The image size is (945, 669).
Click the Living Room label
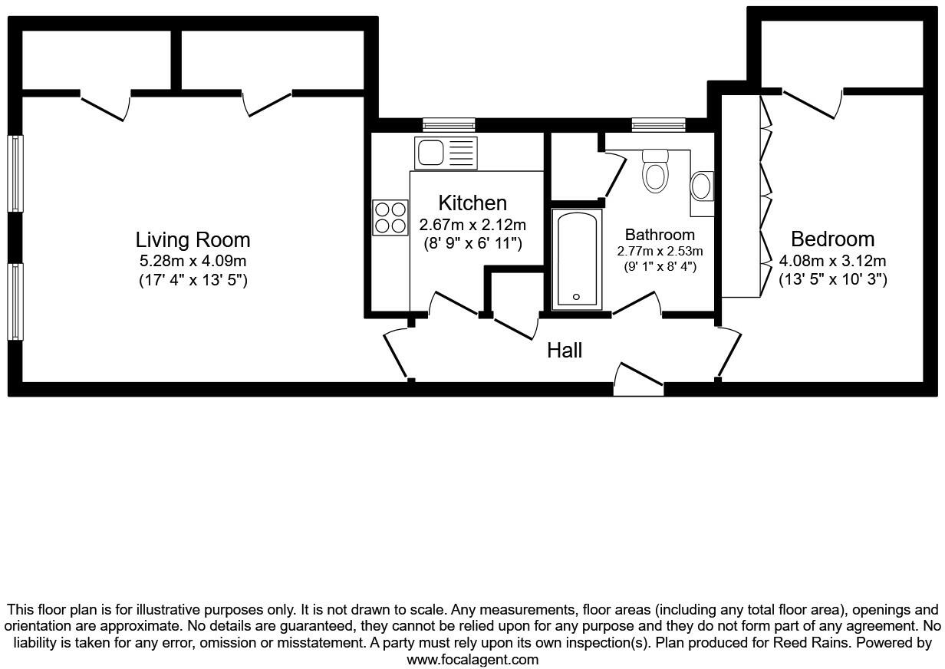193,239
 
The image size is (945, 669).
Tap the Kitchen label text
472,203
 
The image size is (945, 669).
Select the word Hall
565,351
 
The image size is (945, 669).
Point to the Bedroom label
833,239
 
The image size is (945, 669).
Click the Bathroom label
660,235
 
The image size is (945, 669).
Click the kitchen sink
446,153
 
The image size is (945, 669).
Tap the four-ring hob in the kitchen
390,217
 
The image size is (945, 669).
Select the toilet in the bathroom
655,170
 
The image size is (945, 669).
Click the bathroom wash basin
702,186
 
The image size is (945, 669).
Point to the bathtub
577,259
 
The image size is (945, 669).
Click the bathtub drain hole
576,297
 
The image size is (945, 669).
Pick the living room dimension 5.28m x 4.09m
193,261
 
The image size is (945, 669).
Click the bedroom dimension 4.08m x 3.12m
832,261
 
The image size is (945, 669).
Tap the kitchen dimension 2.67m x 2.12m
472,225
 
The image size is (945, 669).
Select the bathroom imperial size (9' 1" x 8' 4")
660,267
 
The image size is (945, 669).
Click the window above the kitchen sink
449,125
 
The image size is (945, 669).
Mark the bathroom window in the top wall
659,125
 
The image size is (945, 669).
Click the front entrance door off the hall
638,379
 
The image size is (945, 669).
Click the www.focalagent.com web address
472,659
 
